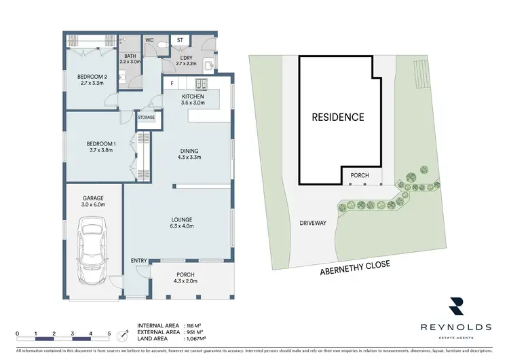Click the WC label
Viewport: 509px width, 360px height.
[150, 41]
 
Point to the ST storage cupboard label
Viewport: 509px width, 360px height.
[180, 41]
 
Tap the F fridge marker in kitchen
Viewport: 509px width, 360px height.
[172, 84]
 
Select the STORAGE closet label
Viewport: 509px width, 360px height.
[147, 118]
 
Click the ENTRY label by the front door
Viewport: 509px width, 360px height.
[138, 261]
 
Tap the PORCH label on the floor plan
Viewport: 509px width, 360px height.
[185, 274]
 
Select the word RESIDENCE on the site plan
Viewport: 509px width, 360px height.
[337, 117]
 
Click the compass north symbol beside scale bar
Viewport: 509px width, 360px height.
[123, 334]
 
